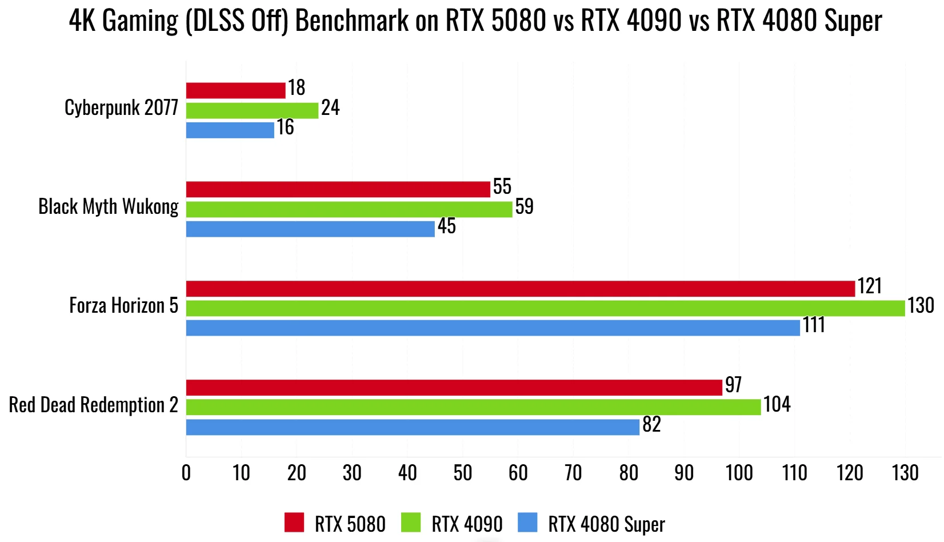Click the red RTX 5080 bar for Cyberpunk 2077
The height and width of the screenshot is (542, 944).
[x=235, y=90]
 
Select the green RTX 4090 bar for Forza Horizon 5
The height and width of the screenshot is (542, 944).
[x=545, y=308]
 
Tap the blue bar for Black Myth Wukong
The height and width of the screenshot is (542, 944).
[x=310, y=229]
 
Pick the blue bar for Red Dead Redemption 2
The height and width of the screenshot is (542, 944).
[x=413, y=427]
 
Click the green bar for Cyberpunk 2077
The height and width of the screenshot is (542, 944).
[x=252, y=110]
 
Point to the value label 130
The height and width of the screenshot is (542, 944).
[x=921, y=305]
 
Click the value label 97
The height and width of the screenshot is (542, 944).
[x=733, y=385]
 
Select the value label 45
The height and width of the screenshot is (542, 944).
[x=446, y=226]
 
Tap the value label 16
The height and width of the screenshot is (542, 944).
[x=285, y=127]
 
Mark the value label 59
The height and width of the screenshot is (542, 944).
[x=524, y=206]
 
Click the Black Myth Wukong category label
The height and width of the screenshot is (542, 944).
[x=109, y=206]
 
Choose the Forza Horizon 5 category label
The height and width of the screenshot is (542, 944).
[x=123, y=305]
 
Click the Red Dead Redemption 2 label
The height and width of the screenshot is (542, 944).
[x=93, y=405]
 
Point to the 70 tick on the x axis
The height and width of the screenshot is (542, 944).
[x=573, y=473]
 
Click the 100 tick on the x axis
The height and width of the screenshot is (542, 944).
[x=739, y=473]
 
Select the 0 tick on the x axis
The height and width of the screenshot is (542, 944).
[x=186, y=473]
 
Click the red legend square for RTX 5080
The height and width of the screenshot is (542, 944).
[x=294, y=523]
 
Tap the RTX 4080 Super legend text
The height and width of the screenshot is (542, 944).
[x=606, y=524]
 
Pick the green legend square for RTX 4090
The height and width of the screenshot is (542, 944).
[x=411, y=523]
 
